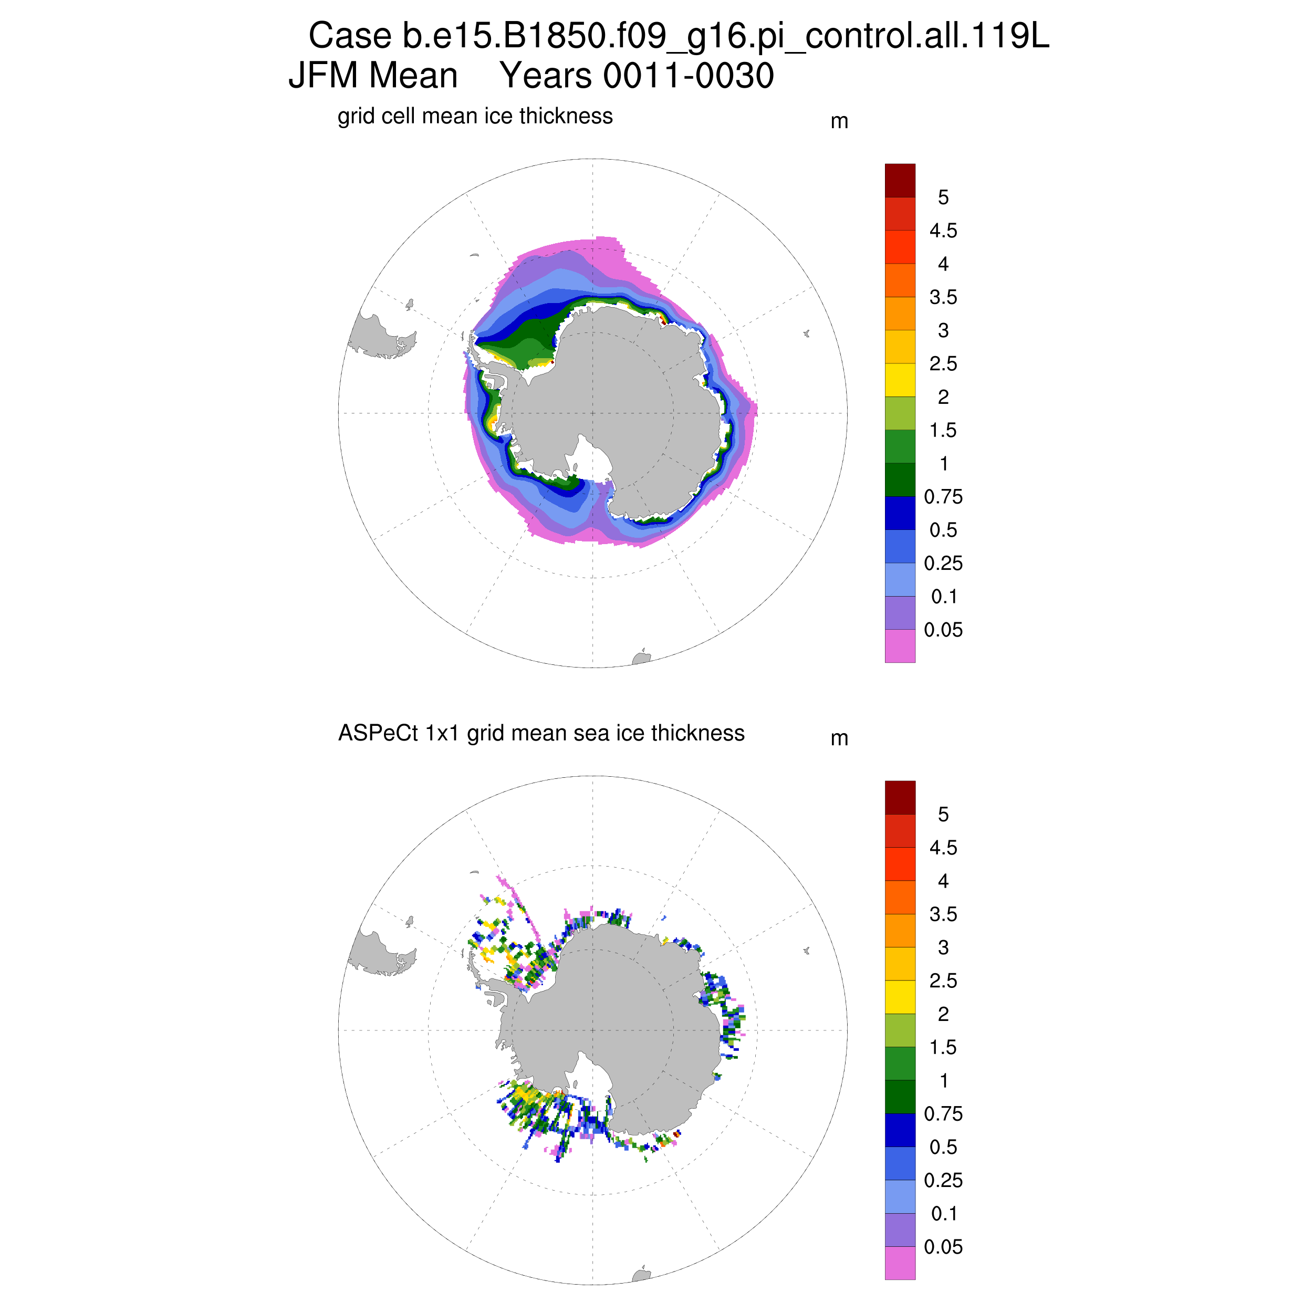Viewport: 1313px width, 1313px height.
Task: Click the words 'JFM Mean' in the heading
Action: [373, 76]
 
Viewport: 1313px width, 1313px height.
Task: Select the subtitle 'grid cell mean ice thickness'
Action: [475, 116]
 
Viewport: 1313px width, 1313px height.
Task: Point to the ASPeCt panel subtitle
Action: [541, 733]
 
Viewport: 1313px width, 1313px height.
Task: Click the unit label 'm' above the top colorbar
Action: [839, 122]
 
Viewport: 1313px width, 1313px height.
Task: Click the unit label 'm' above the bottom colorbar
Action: [839, 739]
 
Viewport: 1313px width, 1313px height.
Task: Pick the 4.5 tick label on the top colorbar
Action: [943, 231]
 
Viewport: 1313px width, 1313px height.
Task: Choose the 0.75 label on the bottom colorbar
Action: [943, 1114]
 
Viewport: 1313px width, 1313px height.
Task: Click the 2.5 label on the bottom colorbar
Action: [943, 981]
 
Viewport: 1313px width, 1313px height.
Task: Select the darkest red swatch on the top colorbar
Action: [900, 181]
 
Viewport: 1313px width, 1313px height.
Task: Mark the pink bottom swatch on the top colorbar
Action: [900, 645]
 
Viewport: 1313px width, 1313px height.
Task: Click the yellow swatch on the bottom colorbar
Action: [900, 996]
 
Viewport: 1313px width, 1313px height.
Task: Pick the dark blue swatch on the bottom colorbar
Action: [900, 1130]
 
